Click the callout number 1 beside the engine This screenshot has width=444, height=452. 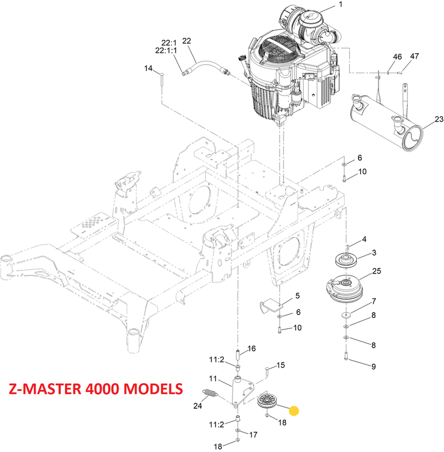(340, 5)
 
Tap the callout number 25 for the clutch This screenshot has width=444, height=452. (377, 271)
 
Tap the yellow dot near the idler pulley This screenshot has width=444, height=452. (294, 411)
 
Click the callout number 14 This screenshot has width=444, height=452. (148, 68)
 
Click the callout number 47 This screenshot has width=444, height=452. (414, 57)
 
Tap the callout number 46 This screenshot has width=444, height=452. (397, 57)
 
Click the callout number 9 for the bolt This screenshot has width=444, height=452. (374, 366)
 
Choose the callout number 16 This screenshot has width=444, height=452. (251, 349)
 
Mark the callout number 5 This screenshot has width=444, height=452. (297, 296)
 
